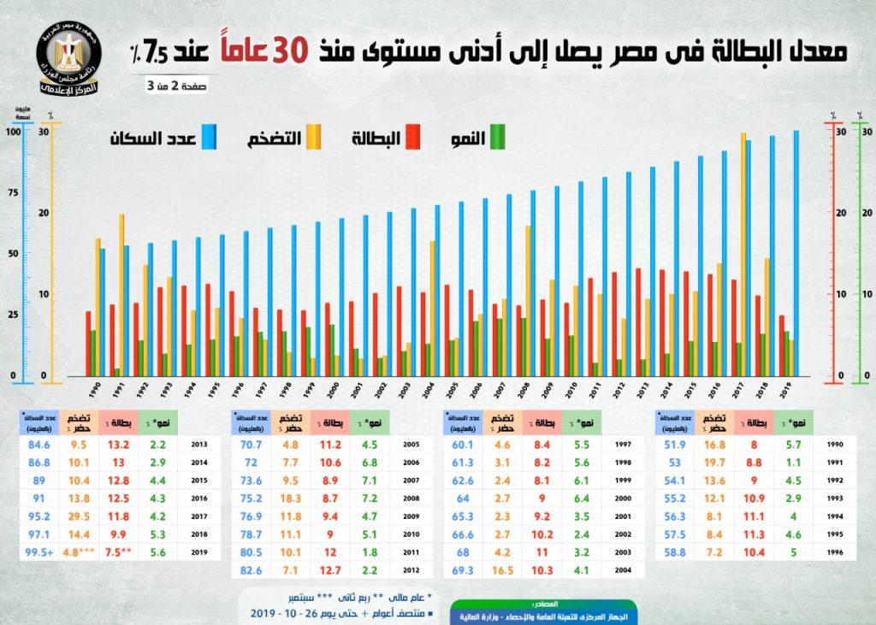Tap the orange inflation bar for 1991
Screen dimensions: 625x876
pos(122,294)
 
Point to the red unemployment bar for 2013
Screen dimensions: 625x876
pos(638,321)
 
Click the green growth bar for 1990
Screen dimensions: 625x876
pos(92,352)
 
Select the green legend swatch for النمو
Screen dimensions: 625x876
pos(496,137)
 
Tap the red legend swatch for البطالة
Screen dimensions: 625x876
pos(411,137)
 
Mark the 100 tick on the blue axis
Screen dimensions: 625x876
pos(13,132)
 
